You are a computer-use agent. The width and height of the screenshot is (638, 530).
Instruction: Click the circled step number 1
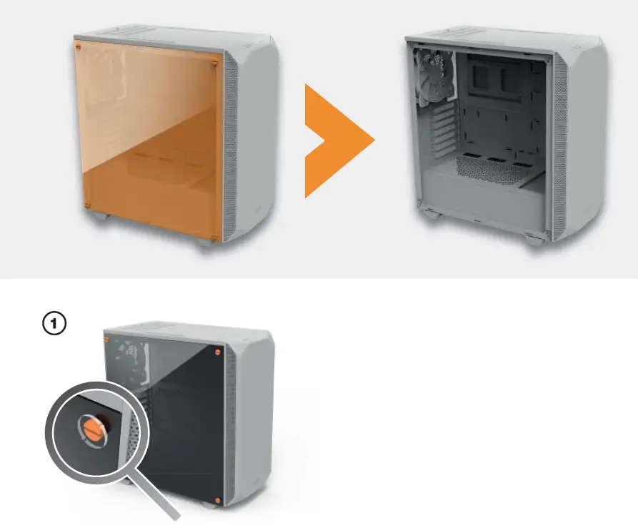click(x=54, y=323)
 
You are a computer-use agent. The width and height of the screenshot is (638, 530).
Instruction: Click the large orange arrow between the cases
click(x=339, y=141)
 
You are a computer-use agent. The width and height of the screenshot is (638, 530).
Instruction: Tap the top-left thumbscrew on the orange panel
click(x=78, y=47)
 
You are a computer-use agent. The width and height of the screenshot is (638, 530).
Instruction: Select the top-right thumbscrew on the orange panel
click(x=215, y=63)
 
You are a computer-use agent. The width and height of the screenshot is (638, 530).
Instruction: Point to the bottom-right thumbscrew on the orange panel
click(x=214, y=237)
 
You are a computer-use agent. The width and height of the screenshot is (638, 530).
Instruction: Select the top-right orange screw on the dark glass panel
click(x=218, y=352)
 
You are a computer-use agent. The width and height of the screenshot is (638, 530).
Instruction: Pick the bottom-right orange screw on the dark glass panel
click(x=218, y=500)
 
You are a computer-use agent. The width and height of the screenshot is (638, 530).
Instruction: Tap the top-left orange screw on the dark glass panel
click(x=107, y=340)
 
